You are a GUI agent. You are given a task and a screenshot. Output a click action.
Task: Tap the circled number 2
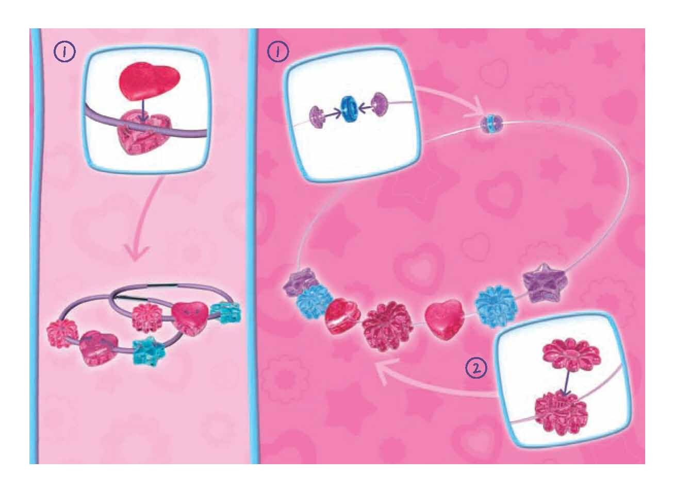(x=476, y=367)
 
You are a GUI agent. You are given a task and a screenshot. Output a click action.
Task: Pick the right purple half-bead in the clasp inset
(x=379, y=105)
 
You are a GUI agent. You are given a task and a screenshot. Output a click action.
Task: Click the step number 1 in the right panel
(x=278, y=52)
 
